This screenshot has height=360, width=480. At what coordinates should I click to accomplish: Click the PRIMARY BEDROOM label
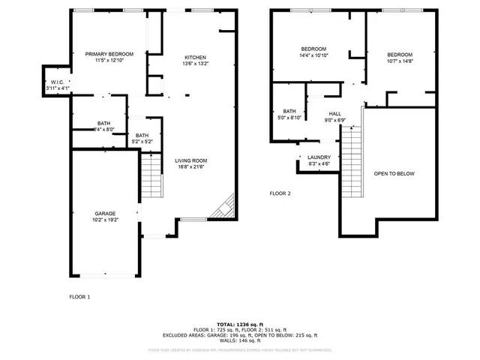pyautogui.click(x=109, y=54)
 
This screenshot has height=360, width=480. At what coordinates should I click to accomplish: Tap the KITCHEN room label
pyautogui.click(x=196, y=58)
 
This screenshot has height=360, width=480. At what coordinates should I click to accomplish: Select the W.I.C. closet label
pyautogui.click(x=57, y=82)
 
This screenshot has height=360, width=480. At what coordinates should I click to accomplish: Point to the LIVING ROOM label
pyautogui.click(x=191, y=160)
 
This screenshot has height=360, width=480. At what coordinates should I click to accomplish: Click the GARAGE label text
pyautogui.click(x=104, y=213)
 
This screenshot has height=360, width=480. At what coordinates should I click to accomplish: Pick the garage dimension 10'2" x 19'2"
pyautogui.click(x=104, y=220)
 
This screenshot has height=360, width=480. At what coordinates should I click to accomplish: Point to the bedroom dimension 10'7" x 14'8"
pyautogui.click(x=400, y=61)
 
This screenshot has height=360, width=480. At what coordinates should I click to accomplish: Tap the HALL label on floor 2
pyautogui.click(x=334, y=114)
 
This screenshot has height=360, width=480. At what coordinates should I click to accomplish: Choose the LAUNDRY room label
pyautogui.click(x=319, y=157)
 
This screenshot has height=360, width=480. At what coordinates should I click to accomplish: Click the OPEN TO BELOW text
pyautogui.click(x=394, y=173)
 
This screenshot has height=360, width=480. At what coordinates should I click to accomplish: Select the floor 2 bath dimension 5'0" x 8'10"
pyautogui.click(x=289, y=118)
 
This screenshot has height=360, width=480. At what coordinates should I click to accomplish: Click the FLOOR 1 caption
pyautogui.click(x=79, y=297)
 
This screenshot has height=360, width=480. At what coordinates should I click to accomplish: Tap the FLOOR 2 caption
pyautogui.click(x=280, y=193)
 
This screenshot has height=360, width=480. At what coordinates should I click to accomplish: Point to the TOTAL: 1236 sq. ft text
pyautogui.click(x=240, y=323)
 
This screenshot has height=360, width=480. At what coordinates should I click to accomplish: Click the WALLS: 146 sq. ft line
pyautogui.click(x=240, y=340)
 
